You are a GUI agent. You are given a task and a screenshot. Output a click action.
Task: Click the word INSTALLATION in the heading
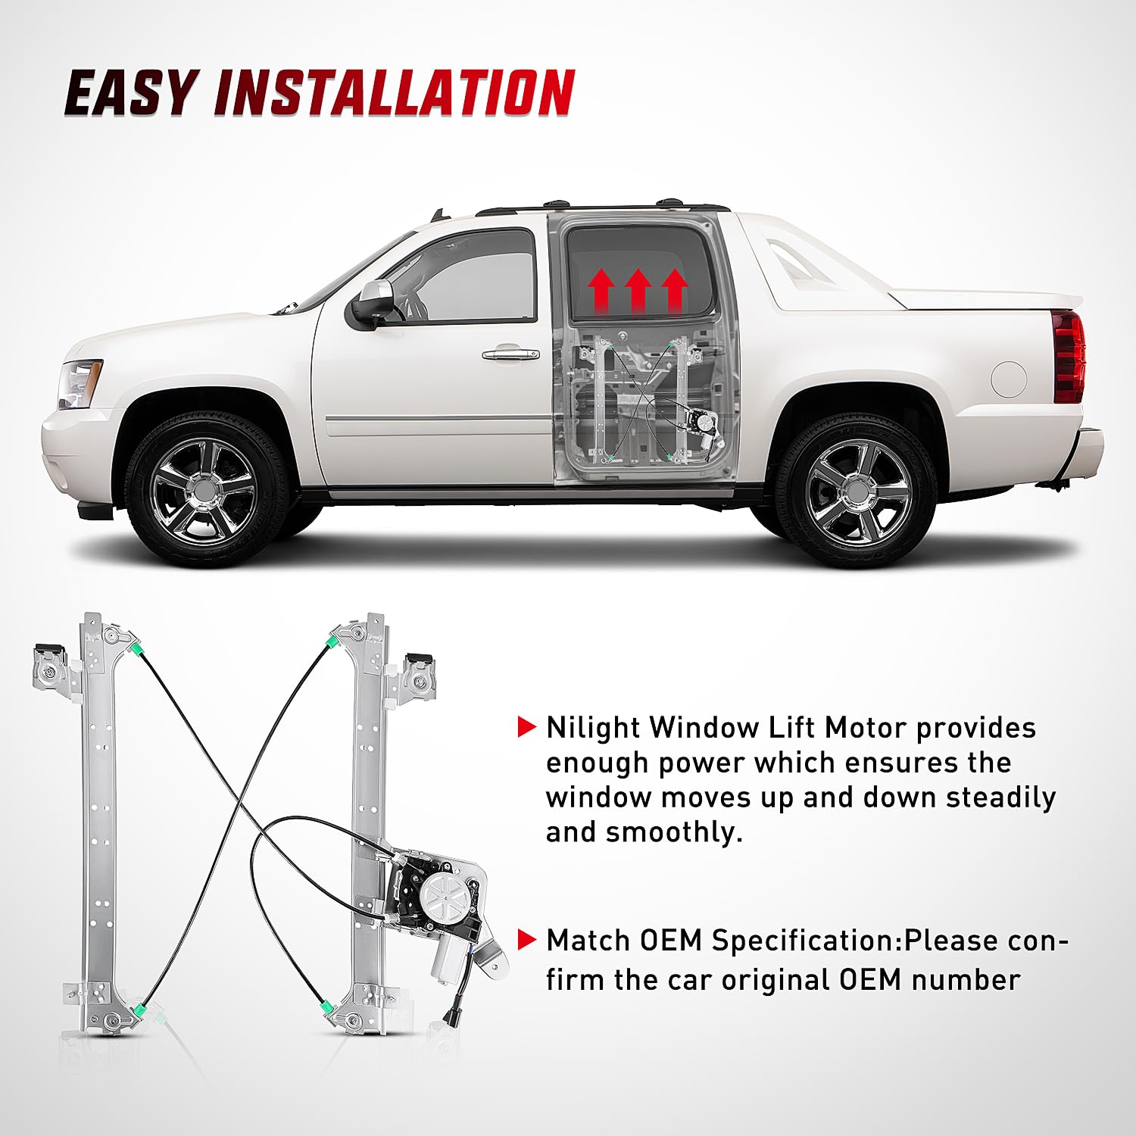pyautogui.click(x=395, y=92)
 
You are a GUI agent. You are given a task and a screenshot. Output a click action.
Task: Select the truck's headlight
pyautogui.click(x=80, y=384)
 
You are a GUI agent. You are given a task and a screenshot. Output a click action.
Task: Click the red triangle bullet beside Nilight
pyautogui.click(x=526, y=727)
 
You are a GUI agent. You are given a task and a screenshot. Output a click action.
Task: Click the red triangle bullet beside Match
pyautogui.click(x=526, y=940)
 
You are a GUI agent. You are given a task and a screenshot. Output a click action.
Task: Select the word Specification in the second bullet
pyautogui.click(x=807, y=941)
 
